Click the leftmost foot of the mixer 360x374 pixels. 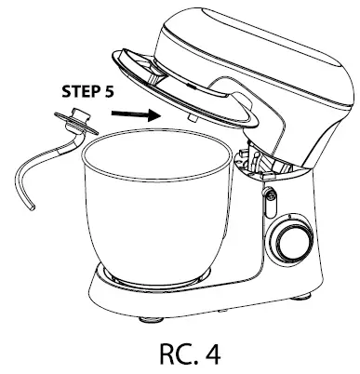[x=147, y=318]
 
